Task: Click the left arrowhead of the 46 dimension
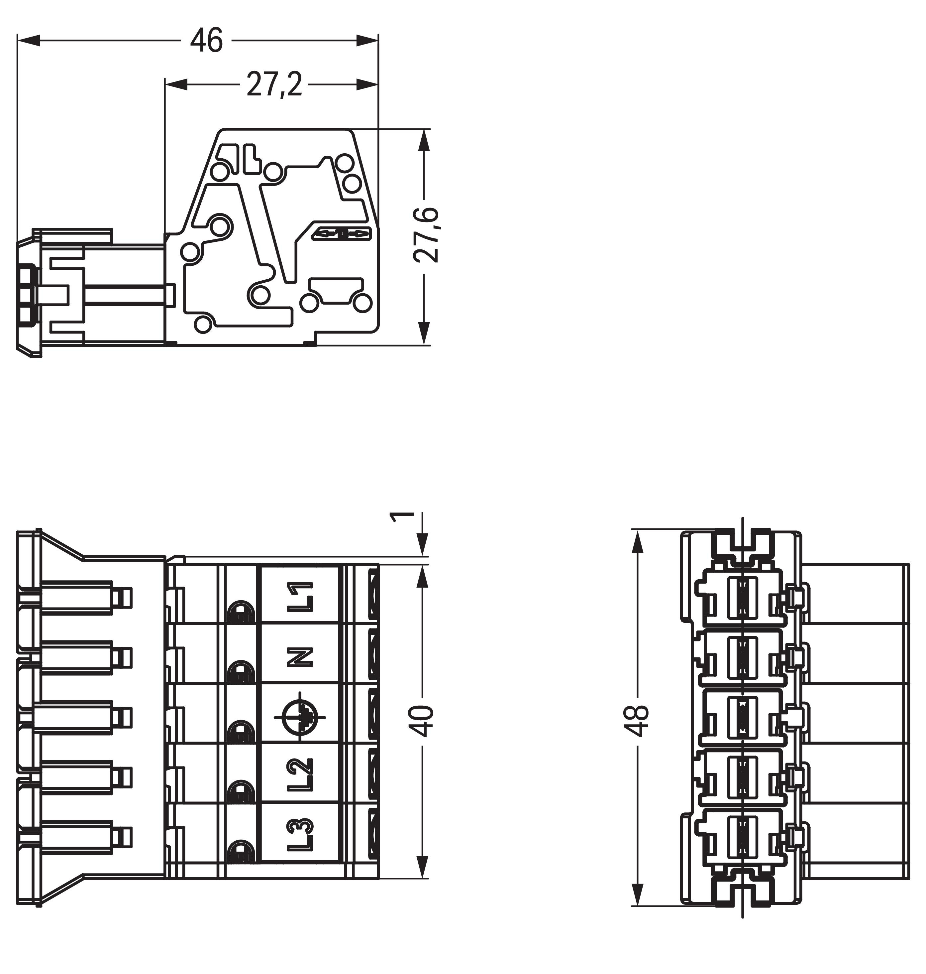pos(29,41)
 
